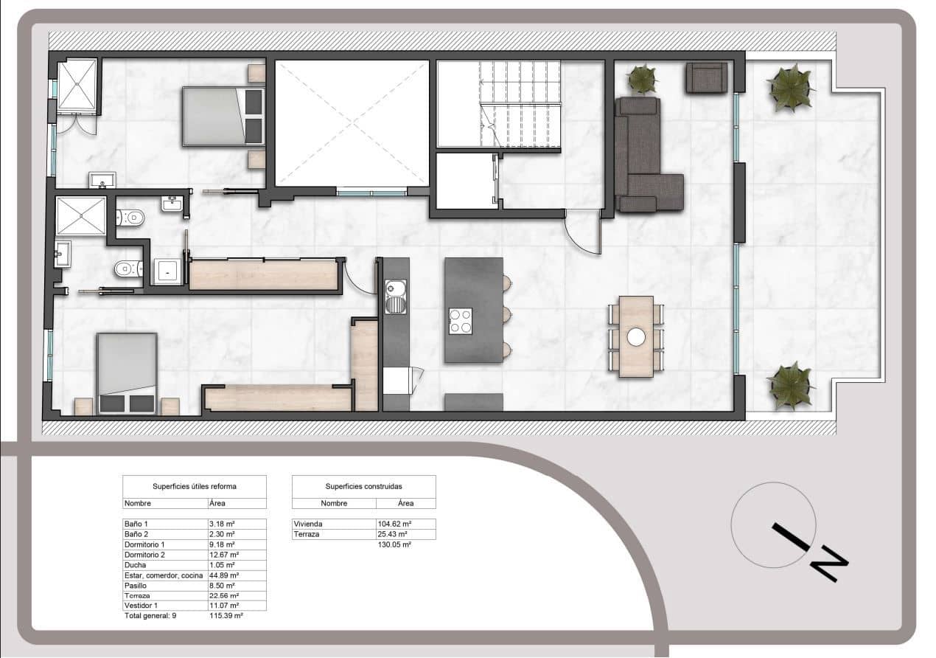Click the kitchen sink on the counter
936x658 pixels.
point(397,295)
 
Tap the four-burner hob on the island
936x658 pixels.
point(461,321)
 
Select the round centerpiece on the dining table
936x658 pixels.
point(636,336)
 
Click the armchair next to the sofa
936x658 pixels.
point(706,77)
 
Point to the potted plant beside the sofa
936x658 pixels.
point(643,78)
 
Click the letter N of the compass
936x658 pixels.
point(830,564)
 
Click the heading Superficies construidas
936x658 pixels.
point(363,487)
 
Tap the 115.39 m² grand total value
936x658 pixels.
point(226,615)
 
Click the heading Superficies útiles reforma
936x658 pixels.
point(195,487)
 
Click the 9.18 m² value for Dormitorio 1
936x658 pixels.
point(223,544)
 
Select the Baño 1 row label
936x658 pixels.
point(136,523)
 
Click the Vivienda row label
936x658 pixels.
point(308,524)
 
